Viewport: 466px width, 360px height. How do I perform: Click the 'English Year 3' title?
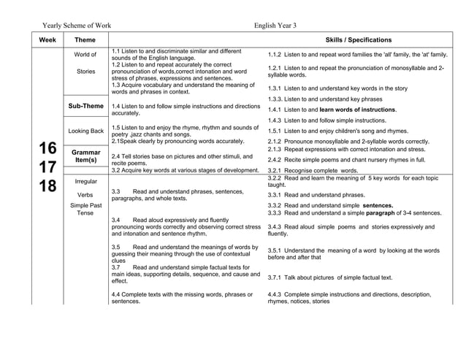tap(275, 26)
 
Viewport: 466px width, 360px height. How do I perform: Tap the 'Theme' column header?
tap(85, 40)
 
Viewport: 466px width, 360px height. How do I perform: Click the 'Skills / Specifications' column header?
tap(357, 40)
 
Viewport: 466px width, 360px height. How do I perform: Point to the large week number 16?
tap(47, 146)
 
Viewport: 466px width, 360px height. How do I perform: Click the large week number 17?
tap(47, 166)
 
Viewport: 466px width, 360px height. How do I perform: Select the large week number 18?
tap(47, 186)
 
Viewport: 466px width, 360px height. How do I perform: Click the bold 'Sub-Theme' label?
tap(85, 106)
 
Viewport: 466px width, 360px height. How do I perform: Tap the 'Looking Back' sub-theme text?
tap(85, 131)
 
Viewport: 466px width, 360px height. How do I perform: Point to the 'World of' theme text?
tap(85, 55)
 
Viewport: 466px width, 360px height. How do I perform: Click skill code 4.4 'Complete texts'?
tap(117, 294)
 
